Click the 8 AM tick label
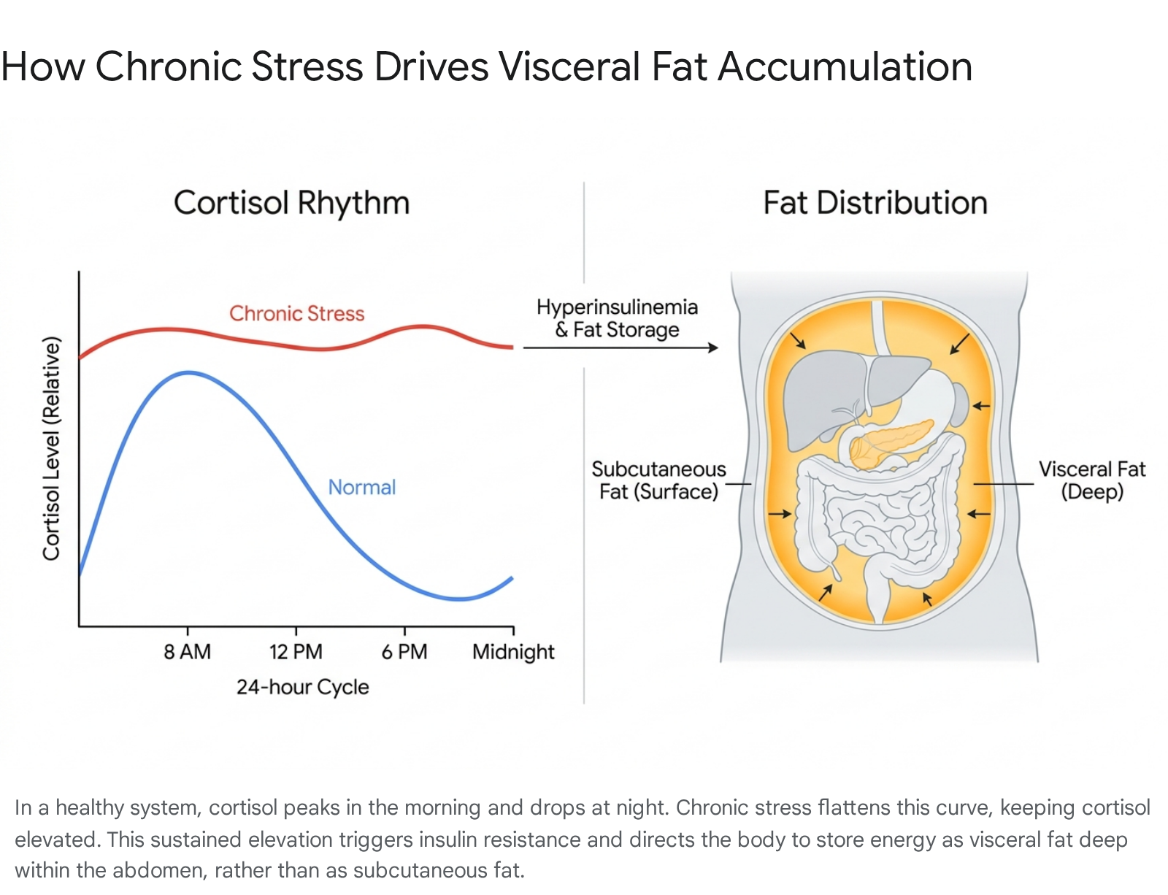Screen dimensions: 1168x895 click(187, 652)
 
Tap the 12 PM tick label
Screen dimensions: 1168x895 click(296, 652)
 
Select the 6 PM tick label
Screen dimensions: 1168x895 click(404, 652)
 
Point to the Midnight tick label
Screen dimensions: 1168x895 click(513, 652)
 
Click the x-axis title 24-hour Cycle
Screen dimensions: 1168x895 click(303, 687)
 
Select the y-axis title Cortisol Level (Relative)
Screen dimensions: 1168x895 click(52, 448)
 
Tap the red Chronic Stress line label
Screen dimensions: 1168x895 click(296, 313)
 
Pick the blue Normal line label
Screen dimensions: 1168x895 click(362, 488)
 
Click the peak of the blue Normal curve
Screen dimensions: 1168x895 click(188, 372)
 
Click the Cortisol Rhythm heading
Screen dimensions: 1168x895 click(291, 203)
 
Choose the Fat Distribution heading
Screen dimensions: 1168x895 click(875, 203)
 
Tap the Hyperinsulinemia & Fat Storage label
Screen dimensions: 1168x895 click(617, 318)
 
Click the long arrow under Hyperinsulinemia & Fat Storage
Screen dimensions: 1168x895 click(620, 347)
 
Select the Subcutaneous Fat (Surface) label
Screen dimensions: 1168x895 click(658, 480)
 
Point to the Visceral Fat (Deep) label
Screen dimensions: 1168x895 click(1092, 480)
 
